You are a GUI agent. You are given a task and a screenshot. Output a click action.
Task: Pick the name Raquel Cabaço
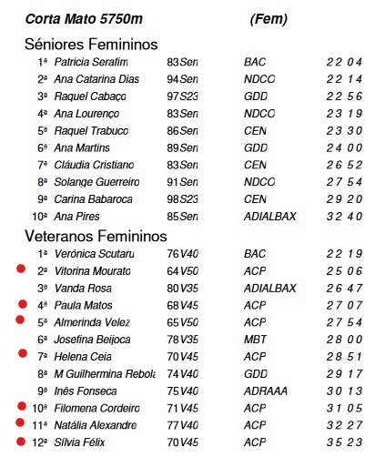click(x=88, y=96)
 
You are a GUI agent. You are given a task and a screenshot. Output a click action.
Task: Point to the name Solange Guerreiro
click(x=96, y=182)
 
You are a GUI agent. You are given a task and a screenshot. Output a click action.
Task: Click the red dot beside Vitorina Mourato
click(x=20, y=269)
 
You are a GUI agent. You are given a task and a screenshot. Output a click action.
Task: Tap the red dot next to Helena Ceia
click(x=20, y=355)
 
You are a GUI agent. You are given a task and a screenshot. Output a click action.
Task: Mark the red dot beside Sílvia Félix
click(x=20, y=442)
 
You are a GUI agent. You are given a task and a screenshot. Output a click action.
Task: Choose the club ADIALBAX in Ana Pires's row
click(x=270, y=217)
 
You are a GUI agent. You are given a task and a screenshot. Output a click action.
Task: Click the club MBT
click(x=256, y=339)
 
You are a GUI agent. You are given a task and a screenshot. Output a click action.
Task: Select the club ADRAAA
click(x=263, y=390)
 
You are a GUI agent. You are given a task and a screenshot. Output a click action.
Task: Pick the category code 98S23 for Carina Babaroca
click(x=182, y=199)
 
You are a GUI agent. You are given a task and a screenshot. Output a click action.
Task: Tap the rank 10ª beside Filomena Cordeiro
click(x=39, y=407)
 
